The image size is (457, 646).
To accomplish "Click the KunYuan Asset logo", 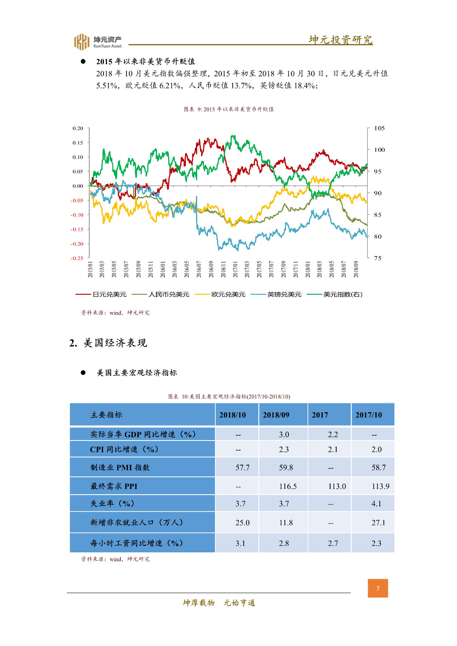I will click(97, 42).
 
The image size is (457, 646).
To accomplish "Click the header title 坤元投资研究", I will click(341, 40).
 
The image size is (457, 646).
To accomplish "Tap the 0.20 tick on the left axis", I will click(78, 128).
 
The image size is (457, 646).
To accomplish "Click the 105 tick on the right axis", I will click(379, 128).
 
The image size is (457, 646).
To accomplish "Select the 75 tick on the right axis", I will click(377, 258).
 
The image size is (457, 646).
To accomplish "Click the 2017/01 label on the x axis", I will click(235, 269).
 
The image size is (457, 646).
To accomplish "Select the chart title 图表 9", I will click(229, 109).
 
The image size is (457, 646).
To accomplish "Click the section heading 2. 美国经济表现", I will click(108, 343).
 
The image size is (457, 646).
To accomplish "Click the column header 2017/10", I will click(369, 415).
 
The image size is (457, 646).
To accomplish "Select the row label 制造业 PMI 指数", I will click(120, 467).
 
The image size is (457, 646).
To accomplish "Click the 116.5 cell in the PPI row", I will click(288, 486).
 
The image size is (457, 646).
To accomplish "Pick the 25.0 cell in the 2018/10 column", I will click(242, 522).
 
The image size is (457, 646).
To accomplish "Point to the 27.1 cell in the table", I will click(378, 522).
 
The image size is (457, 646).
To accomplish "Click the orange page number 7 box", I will click(378, 588).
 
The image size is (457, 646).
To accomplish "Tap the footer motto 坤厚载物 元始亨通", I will click(219, 603).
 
